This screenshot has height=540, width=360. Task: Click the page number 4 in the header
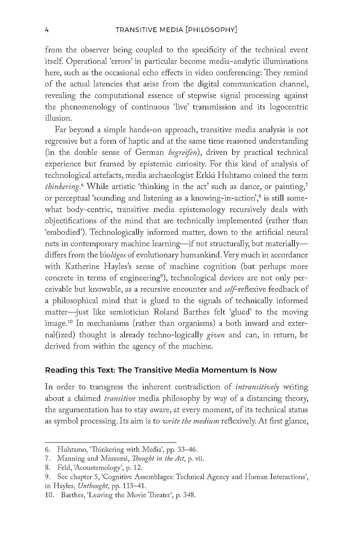coord(47,30)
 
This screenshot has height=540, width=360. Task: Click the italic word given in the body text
coord(216,335)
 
